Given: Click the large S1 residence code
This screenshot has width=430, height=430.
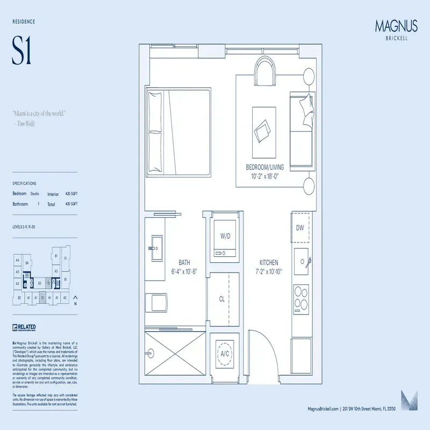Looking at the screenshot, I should point(22,52).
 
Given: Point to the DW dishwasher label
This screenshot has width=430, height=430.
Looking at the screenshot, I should point(299,227).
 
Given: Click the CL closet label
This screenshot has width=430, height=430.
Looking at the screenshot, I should point(221,299).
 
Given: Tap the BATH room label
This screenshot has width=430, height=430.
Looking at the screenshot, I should point(184,262).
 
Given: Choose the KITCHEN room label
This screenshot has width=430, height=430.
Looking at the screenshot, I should point(269,262).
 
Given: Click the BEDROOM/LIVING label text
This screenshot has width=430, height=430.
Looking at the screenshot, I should point(265,167).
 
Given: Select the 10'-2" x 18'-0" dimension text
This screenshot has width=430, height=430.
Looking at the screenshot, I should point(265,176).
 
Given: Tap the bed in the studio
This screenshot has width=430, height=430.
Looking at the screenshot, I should point(177,132).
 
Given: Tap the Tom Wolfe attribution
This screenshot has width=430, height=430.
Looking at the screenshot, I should point(24,123).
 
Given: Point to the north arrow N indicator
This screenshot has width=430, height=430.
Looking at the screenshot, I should point(75,299).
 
